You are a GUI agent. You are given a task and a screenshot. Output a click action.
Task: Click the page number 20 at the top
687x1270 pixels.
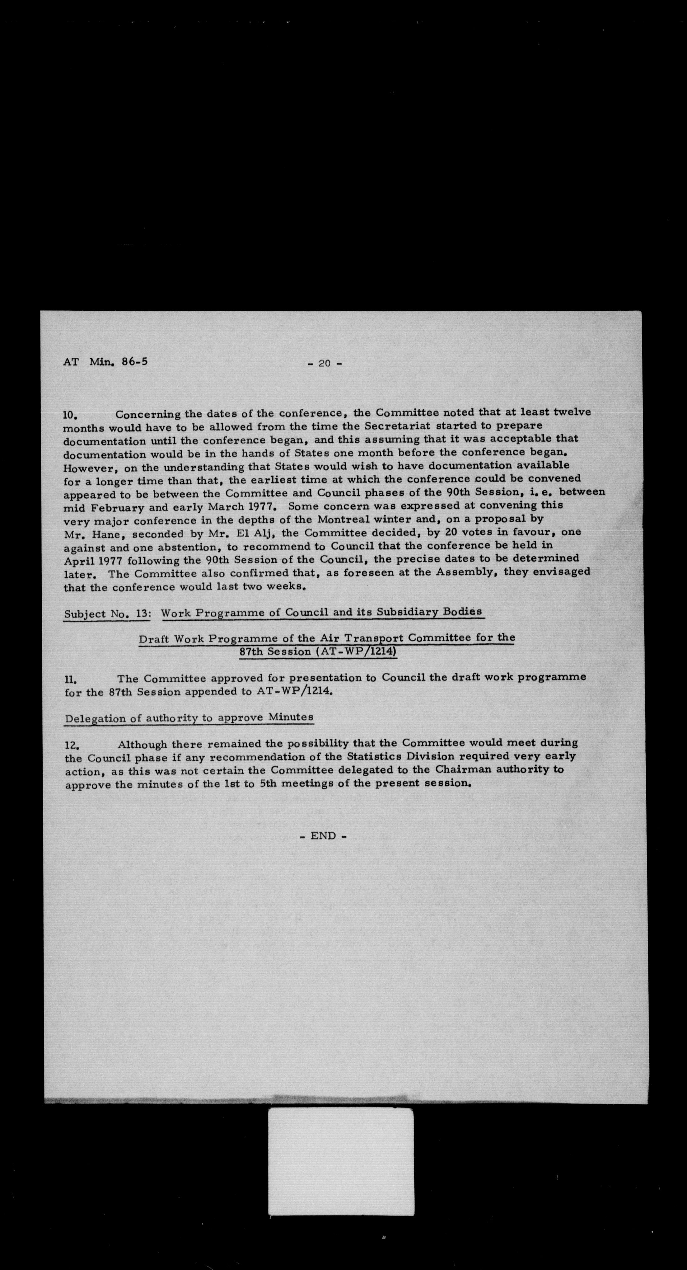324,363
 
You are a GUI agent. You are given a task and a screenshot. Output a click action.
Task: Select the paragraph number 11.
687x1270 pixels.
71,680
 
